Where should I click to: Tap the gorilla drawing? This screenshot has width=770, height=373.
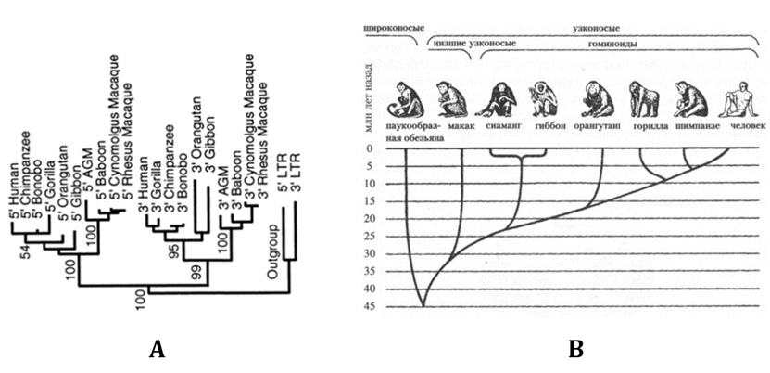643,99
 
